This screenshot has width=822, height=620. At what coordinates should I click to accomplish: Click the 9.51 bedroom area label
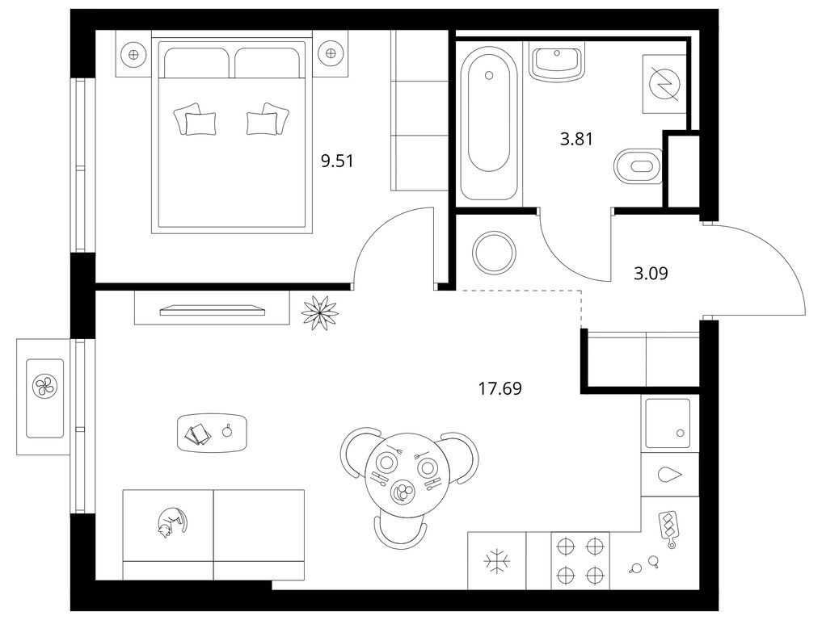click(x=337, y=161)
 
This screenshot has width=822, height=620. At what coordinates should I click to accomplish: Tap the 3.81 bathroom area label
click(x=576, y=139)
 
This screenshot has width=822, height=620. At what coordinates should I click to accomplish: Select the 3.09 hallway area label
click(x=651, y=274)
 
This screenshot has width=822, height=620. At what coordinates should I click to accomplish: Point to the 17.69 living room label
click(x=500, y=388)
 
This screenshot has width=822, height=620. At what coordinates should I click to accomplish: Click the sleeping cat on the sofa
click(x=171, y=522)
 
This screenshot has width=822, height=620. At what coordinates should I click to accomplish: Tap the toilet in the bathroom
click(x=638, y=166)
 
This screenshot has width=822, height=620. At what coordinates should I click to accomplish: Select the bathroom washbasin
click(x=557, y=63)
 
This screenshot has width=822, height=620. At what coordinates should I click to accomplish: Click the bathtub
click(x=488, y=121)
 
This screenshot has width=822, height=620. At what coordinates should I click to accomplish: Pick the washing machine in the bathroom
click(x=664, y=84)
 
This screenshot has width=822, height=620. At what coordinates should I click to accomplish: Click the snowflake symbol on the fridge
click(x=495, y=561)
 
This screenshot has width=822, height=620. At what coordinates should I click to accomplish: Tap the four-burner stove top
click(x=580, y=561)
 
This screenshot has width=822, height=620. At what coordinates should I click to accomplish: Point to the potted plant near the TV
click(x=320, y=312)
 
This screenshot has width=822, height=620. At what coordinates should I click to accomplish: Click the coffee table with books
click(x=213, y=433)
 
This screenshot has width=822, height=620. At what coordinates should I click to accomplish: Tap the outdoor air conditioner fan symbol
click(x=45, y=387)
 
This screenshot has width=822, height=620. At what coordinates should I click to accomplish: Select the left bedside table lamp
click(x=133, y=53)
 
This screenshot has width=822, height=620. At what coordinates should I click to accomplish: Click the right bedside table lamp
click(x=330, y=53)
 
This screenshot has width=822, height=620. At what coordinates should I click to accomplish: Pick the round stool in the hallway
click(x=494, y=252)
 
